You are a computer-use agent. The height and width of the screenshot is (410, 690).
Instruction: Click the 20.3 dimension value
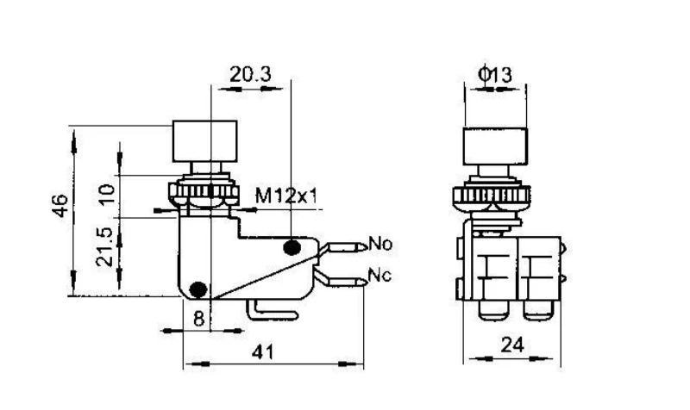[x=250, y=74]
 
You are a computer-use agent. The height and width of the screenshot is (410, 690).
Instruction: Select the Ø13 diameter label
[x=495, y=74]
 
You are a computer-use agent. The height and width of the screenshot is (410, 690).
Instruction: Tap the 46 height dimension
[x=60, y=205]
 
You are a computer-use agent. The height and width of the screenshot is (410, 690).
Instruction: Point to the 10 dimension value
[x=107, y=195]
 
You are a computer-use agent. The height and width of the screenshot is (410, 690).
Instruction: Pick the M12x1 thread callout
[x=286, y=196]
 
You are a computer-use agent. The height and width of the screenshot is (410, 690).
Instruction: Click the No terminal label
[x=380, y=243]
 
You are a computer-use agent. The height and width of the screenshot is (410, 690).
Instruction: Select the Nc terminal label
[x=379, y=276]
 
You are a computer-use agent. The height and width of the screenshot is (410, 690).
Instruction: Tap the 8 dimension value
[x=199, y=318]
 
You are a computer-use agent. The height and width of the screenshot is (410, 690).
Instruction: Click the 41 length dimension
[x=263, y=352]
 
